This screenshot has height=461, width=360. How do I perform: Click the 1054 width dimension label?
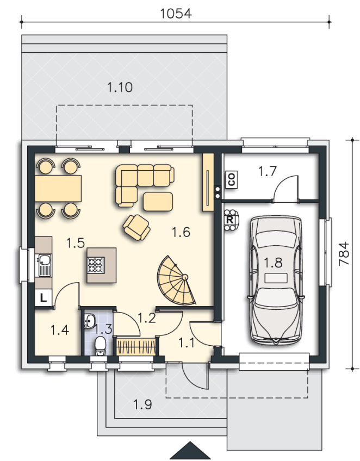click(176, 14)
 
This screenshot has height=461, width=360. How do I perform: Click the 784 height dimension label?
click(344, 254)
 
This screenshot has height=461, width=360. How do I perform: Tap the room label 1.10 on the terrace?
click(120, 88)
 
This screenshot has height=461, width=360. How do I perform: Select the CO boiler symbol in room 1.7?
click(232, 179)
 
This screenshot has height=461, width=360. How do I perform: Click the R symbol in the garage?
click(229, 220)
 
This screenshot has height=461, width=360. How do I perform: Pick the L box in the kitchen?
click(44, 298)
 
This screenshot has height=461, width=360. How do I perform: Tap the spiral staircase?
click(176, 282)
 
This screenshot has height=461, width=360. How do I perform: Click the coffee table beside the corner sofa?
click(158, 202)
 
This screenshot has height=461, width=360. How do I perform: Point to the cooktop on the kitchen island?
click(96, 265)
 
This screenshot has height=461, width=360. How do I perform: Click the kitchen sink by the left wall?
click(44, 265)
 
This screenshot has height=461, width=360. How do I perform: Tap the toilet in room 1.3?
click(101, 346)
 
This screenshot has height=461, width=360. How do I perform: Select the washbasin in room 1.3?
click(89, 320)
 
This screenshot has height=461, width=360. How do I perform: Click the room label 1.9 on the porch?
click(142, 404)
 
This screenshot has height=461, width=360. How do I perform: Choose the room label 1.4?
click(60, 330)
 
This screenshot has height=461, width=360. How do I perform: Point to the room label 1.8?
click(273, 263)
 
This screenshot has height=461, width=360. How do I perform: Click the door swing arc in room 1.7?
click(283, 182)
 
